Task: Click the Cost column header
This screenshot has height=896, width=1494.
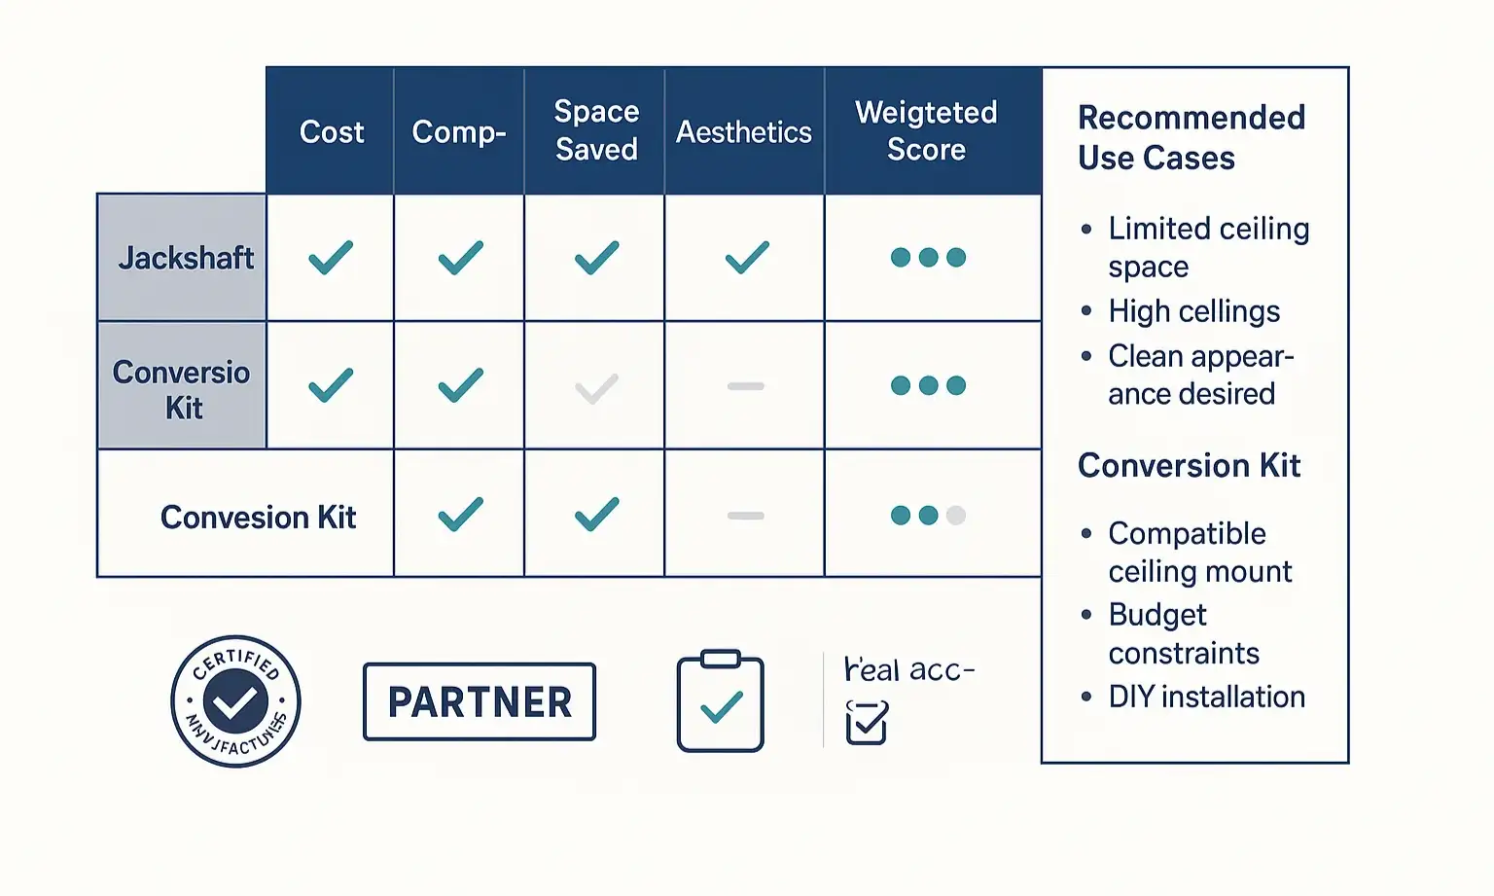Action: [331, 131]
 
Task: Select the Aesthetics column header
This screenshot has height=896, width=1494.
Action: [744, 131]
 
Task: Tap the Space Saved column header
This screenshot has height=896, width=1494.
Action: [596, 130]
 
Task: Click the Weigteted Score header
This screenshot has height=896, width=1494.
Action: [926, 130]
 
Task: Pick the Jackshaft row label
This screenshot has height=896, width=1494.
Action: [185, 258]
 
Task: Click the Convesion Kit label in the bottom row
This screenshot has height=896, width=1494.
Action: [258, 517]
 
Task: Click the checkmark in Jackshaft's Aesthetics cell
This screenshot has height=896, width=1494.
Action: [746, 258]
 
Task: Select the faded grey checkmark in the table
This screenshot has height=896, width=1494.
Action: [596, 389]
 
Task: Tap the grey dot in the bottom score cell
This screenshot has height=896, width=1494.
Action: [956, 516]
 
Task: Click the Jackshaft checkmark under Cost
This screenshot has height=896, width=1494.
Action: [331, 258]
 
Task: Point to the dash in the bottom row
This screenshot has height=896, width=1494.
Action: [746, 516]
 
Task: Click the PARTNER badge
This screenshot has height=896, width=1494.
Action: [480, 701]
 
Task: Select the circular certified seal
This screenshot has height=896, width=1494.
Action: [235, 701]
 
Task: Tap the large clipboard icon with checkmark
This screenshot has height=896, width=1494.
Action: [721, 701]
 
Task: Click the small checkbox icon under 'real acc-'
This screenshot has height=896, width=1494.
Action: [867, 723]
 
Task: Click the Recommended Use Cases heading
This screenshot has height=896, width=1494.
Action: [1191, 137]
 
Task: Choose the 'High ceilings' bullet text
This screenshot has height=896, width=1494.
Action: [1193, 311]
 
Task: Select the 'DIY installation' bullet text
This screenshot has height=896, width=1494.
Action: [1206, 697]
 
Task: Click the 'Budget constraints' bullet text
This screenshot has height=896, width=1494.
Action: [1184, 633]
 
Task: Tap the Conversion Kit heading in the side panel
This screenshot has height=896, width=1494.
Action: [1189, 466]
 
